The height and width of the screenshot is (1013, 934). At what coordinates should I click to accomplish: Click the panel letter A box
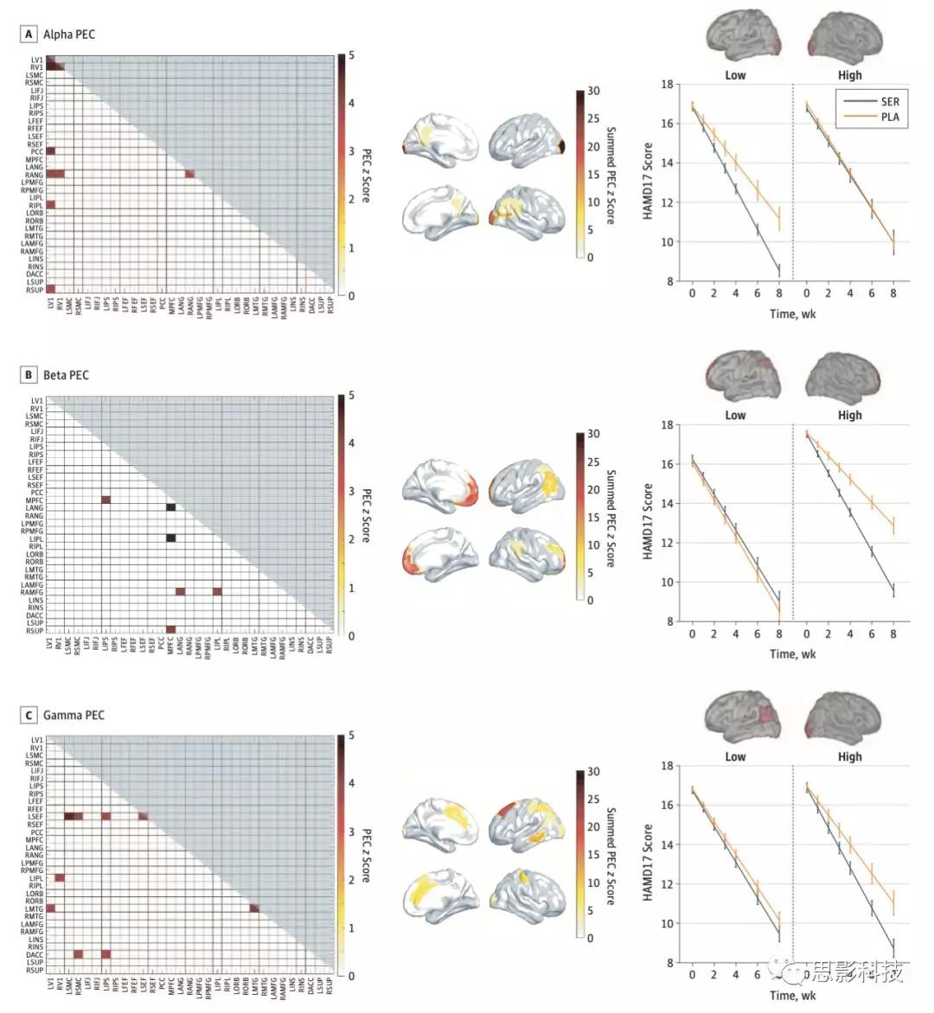pyautogui.click(x=29, y=35)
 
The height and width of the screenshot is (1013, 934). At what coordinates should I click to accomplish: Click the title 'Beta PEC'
pyautogui.click(x=66, y=375)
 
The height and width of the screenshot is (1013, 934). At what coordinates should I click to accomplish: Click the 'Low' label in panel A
pyautogui.click(x=735, y=75)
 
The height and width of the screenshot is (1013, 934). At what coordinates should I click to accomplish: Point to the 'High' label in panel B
pyautogui.click(x=849, y=415)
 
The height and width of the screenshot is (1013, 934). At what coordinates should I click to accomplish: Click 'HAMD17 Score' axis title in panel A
pyautogui.click(x=648, y=182)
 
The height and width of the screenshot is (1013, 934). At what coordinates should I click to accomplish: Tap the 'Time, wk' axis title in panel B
pyautogui.click(x=792, y=654)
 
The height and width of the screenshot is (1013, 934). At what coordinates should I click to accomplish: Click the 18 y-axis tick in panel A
pyautogui.click(x=667, y=85)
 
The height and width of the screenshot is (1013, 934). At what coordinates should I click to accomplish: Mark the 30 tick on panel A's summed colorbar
pyautogui.click(x=593, y=91)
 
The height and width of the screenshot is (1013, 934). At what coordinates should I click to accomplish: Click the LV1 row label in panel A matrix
pyautogui.click(x=36, y=60)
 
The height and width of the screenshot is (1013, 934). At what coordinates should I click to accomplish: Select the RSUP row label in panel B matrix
pyautogui.click(x=35, y=631)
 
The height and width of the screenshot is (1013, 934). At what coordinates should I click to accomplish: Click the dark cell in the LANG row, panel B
pyautogui.click(x=170, y=508)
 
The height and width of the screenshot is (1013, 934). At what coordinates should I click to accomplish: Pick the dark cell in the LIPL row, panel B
pyautogui.click(x=170, y=538)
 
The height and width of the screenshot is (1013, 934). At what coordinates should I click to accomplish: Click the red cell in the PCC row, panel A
pyautogui.click(x=50, y=151)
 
